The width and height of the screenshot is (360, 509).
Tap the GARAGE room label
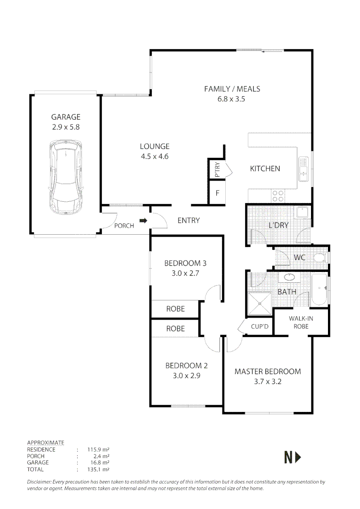66,117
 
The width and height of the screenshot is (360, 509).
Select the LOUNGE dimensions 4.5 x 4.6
154,156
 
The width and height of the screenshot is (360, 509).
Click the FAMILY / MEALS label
232,89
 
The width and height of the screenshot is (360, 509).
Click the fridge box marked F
217,193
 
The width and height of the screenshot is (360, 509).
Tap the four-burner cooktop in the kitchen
278,196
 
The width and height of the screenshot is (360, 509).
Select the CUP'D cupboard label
259,326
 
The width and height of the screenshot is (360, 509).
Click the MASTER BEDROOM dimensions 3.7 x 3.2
267,382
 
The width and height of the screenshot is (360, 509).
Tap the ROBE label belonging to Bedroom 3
175,309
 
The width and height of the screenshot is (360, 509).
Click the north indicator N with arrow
293,457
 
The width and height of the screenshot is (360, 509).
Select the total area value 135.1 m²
98,469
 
